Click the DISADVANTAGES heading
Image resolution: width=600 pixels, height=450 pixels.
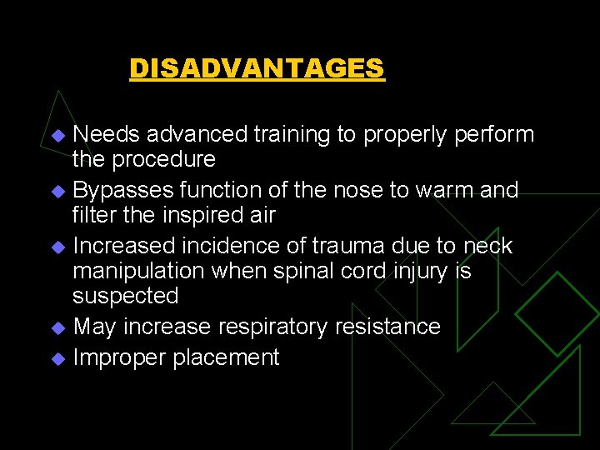coord(257,67)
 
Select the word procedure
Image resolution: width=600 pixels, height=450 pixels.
coord(170,159)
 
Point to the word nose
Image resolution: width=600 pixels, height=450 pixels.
coord(339,190)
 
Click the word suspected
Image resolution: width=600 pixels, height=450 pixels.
coord(125,296)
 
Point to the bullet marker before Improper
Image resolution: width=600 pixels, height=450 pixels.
coord(57,359)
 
